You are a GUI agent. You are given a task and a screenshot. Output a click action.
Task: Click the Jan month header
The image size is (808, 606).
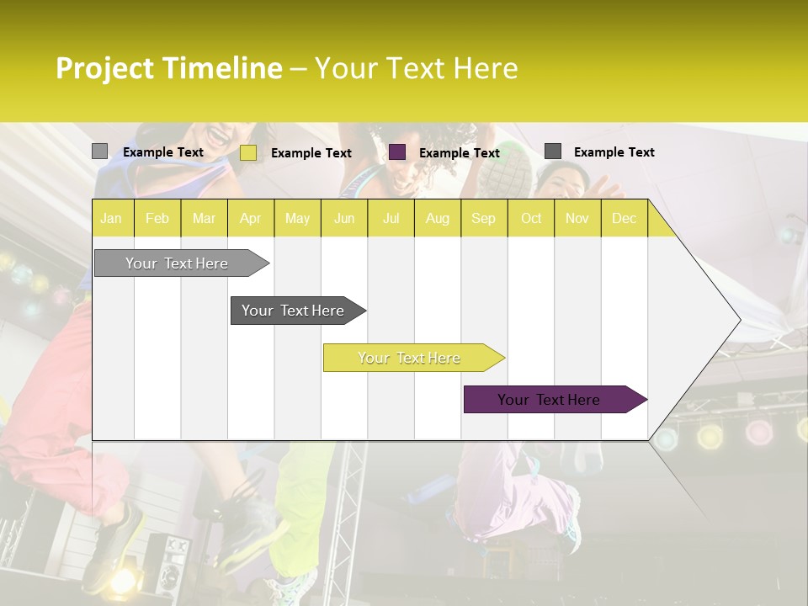pyautogui.click(x=111, y=218)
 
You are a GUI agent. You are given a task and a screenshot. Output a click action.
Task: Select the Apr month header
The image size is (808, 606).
pyautogui.click(x=250, y=218)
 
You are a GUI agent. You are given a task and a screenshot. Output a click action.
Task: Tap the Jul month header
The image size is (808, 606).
pyautogui.click(x=391, y=218)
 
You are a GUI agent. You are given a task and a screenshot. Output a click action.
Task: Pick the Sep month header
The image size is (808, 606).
pyautogui.click(x=483, y=218)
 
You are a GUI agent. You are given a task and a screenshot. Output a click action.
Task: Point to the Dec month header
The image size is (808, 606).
pyautogui.click(x=624, y=218)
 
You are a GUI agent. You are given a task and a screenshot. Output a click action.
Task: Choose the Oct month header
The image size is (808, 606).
pyautogui.click(x=531, y=218)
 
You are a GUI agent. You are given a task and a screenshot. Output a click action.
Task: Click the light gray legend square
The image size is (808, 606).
pyautogui.click(x=99, y=151)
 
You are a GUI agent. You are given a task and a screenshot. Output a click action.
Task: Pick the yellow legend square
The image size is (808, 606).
pyautogui.click(x=248, y=152)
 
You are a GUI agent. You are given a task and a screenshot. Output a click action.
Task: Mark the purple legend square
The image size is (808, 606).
pyautogui.click(x=397, y=151)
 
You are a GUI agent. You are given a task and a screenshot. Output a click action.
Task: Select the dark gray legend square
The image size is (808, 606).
pyautogui.click(x=553, y=151)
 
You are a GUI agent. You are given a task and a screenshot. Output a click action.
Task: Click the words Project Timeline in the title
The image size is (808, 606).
pyautogui.click(x=169, y=68)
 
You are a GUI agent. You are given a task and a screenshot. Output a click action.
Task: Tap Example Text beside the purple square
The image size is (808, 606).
pyautogui.click(x=459, y=152)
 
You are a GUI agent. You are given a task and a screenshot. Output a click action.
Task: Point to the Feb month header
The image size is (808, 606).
pyautogui.click(x=157, y=218)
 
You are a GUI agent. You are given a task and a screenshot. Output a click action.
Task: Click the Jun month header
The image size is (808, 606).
pyautogui.click(x=344, y=218)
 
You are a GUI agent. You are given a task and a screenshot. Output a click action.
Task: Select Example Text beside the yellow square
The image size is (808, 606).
pyautogui.click(x=311, y=152)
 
